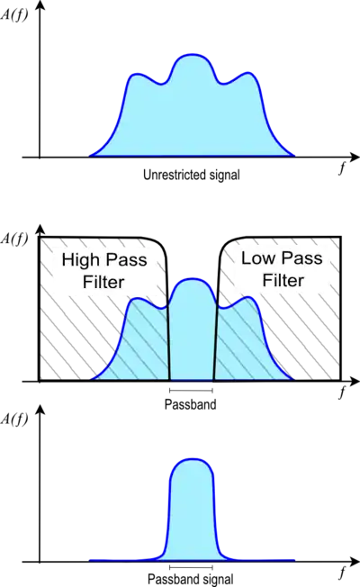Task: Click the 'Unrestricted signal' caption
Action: [191, 175]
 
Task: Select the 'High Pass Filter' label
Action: [104, 271]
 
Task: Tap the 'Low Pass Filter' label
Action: [282, 269]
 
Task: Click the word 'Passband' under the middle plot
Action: [191, 404]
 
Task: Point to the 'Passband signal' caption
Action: [191, 579]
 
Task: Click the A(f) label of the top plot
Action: [14, 14]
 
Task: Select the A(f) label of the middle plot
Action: [14, 239]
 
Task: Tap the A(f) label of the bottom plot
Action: [14, 419]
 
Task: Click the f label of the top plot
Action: [342, 168]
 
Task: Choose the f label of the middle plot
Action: [342, 393]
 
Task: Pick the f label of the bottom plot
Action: [342, 573]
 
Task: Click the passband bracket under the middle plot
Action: [191, 391]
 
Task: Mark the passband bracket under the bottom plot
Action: [191, 567]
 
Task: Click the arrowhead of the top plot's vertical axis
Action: [40, 6]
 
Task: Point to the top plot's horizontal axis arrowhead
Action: [354, 158]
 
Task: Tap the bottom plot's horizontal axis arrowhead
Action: [354, 562]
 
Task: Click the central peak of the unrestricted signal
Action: [192, 55]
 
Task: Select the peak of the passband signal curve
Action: [192, 459]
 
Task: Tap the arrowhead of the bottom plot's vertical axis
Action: [40, 410]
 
